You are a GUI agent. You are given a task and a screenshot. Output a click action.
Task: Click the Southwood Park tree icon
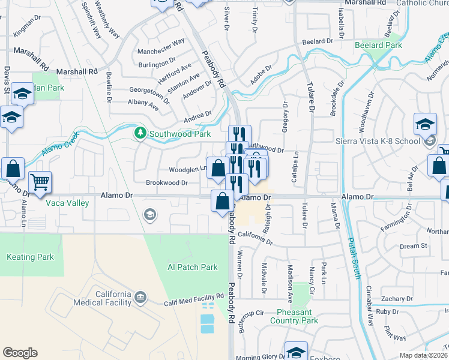pos(140,132)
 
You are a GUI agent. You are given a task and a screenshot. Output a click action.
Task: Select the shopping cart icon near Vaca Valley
pos(40,182)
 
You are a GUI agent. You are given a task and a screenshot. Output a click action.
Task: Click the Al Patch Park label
pos(192,267)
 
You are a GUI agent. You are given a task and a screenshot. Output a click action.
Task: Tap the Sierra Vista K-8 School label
pos(376,141)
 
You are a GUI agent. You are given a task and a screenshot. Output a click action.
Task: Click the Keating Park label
pos(29,257)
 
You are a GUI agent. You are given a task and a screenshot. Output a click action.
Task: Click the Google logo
pos(20,353)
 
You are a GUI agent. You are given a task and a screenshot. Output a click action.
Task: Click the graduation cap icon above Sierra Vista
pos(425,125)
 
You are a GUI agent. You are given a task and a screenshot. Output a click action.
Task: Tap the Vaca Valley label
pos(67,203)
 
